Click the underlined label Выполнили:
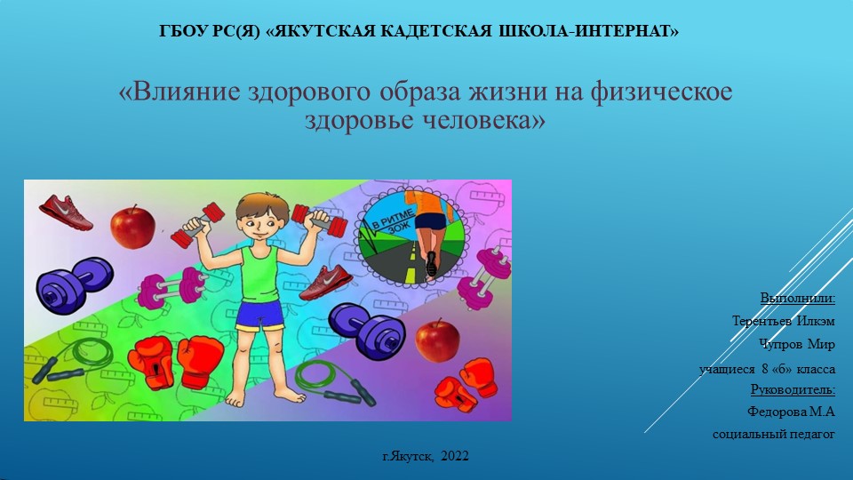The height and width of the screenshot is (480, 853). click(x=798, y=297)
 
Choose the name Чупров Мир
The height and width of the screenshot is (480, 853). click(x=796, y=343)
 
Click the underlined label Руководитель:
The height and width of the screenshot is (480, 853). click(x=793, y=389)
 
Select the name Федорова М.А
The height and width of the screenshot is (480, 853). click(x=792, y=412)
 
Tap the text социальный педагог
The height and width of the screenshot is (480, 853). click(x=774, y=435)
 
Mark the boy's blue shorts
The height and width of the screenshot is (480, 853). click(x=259, y=316)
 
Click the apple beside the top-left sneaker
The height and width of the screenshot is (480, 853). click(x=132, y=226)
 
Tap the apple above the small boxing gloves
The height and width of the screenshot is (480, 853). click(x=437, y=339)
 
